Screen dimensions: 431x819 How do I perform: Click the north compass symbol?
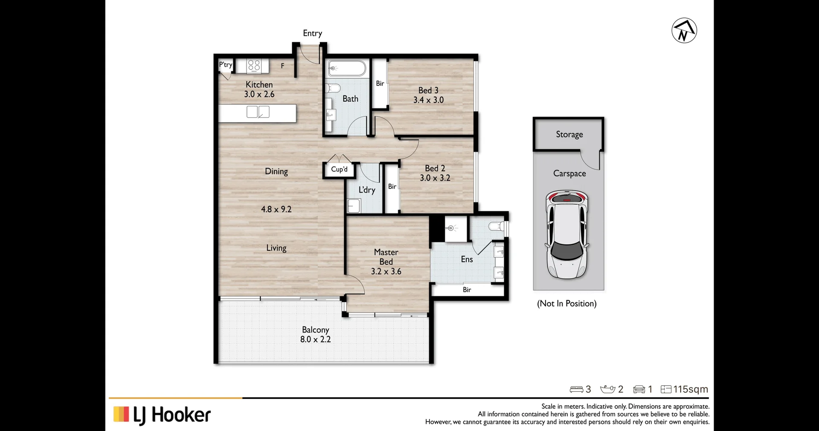coord(684,31)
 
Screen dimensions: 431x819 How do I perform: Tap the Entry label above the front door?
coord(312,33)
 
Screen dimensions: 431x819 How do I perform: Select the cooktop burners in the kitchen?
coord(254,65)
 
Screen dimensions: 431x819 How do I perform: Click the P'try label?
coord(225,65)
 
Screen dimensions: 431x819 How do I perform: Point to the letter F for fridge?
coord(282,66)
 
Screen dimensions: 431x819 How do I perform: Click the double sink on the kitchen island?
coord(258,112)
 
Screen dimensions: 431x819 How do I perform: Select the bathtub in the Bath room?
coord(346,68)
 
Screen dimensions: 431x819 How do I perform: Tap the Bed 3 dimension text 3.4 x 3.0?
coord(428,100)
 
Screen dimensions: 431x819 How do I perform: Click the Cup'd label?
coord(339,169)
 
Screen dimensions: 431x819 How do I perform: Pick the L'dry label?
coord(366,190)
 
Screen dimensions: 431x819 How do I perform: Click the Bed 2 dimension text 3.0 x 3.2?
coord(435,178)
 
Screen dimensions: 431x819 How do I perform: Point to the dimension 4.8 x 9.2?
coord(276,209)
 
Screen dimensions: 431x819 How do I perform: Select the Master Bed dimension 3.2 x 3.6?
coord(386,271)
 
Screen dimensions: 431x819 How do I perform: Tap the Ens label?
coord(467,259)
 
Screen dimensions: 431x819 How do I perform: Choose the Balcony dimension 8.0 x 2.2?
coord(315,340)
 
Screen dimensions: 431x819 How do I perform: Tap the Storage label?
coord(569,135)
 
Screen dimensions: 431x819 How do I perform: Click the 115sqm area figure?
coord(690,389)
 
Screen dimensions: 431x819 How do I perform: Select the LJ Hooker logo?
coord(162,415)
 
